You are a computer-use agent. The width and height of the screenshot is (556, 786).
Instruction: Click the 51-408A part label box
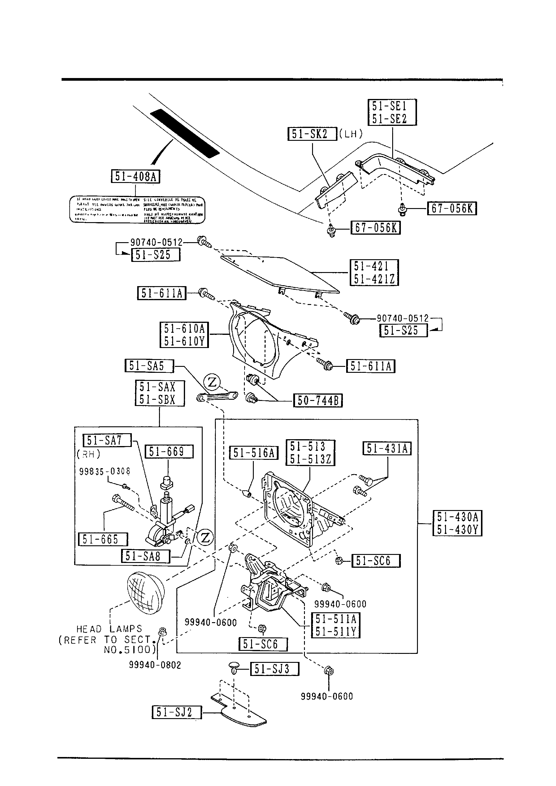(136, 176)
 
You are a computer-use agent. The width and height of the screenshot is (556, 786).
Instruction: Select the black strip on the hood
(184, 133)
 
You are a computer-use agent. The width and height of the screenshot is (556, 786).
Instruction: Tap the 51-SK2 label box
(312, 134)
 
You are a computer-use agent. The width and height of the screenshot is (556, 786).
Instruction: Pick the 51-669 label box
(169, 451)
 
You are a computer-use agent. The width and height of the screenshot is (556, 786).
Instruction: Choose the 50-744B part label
(318, 400)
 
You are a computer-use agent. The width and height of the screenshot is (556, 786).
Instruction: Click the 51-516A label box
(254, 453)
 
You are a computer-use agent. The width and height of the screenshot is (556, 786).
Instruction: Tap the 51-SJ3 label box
(275, 669)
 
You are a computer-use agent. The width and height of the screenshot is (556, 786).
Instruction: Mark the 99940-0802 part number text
(155, 665)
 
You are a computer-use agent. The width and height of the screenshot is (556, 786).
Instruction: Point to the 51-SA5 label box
(149, 366)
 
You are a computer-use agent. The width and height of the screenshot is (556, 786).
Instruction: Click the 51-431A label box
(387, 448)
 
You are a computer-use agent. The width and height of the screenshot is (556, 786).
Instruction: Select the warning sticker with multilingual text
(137, 210)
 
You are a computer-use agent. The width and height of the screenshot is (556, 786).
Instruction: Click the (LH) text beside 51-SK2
(351, 134)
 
